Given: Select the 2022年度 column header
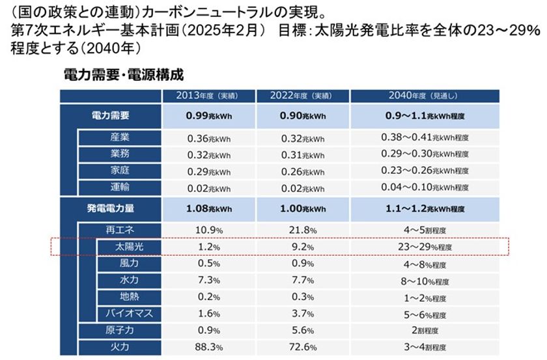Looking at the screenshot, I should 302,96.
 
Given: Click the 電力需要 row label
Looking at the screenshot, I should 110,116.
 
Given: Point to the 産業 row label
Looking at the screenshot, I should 120,138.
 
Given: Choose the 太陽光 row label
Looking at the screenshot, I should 128,247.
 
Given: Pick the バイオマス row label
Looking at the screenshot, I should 128,314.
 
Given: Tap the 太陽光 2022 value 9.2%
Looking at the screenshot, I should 302,247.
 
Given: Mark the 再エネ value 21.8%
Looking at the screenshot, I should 302,230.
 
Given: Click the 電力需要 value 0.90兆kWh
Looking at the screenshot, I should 302,116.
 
